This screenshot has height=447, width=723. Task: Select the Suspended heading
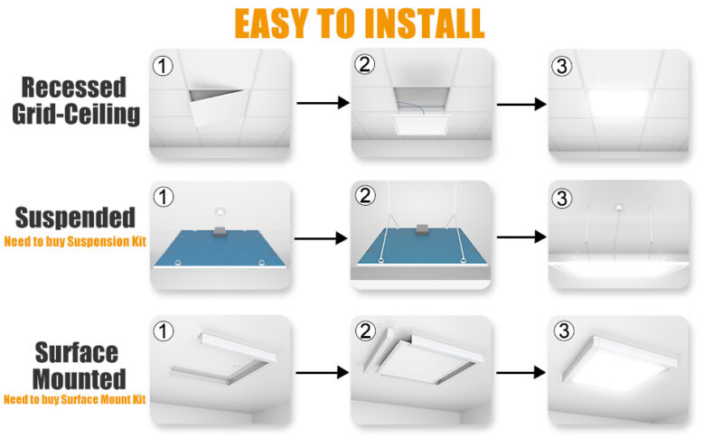pos(76,218)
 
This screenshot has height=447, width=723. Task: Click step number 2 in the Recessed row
pos(364,65)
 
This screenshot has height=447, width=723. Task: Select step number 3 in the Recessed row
pos(563,65)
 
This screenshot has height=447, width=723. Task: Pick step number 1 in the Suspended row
pos(164,196)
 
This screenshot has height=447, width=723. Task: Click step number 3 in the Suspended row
pos(563,196)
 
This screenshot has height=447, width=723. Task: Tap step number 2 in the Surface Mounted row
pos(364,331)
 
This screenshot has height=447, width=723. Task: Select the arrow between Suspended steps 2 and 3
pos(521,237)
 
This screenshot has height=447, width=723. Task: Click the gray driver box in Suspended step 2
pos(419,231)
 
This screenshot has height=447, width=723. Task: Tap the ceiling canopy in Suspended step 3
pos(620,206)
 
